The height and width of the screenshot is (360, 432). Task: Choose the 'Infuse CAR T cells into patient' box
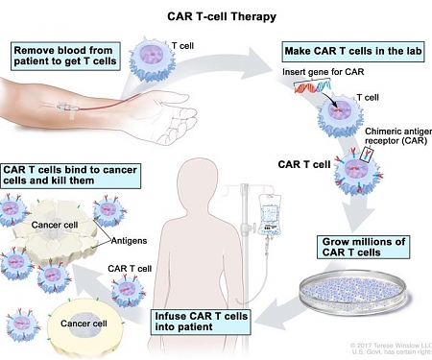click(202, 322)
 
